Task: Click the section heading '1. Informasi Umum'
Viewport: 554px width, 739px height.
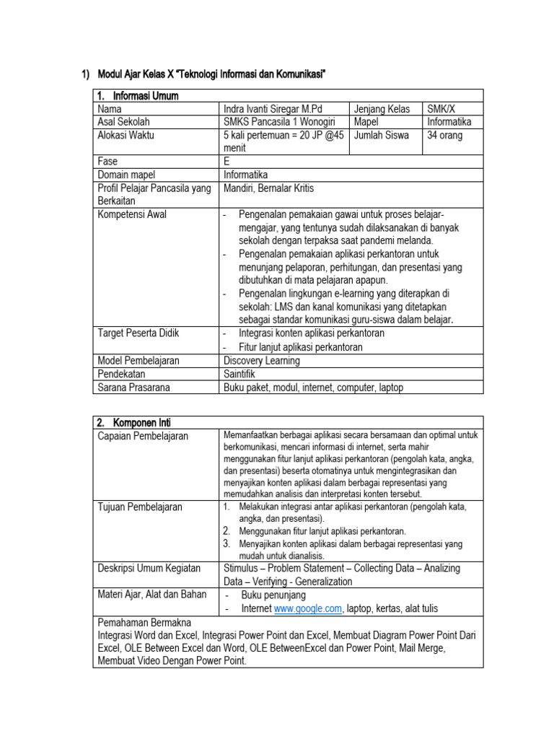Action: coord(138,96)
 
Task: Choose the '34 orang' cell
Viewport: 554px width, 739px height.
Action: coord(445,135)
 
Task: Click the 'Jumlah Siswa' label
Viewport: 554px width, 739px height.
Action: coord(381,135)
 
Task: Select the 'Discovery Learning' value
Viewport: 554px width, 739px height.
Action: coord(262,360)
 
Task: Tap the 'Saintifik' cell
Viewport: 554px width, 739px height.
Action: coord(239,374)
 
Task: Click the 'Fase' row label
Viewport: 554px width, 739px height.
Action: coord(107,161)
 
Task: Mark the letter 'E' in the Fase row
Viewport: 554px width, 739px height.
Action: coord(227,161)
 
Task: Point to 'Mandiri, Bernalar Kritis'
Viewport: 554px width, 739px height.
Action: coord(268,188)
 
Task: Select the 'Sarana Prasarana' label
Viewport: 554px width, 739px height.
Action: coord(133,388)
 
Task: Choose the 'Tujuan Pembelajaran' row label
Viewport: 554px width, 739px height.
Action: coord(140,507)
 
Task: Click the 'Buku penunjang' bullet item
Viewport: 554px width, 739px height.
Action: coord(273,595)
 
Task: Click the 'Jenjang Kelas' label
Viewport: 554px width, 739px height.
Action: coord(382,109)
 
